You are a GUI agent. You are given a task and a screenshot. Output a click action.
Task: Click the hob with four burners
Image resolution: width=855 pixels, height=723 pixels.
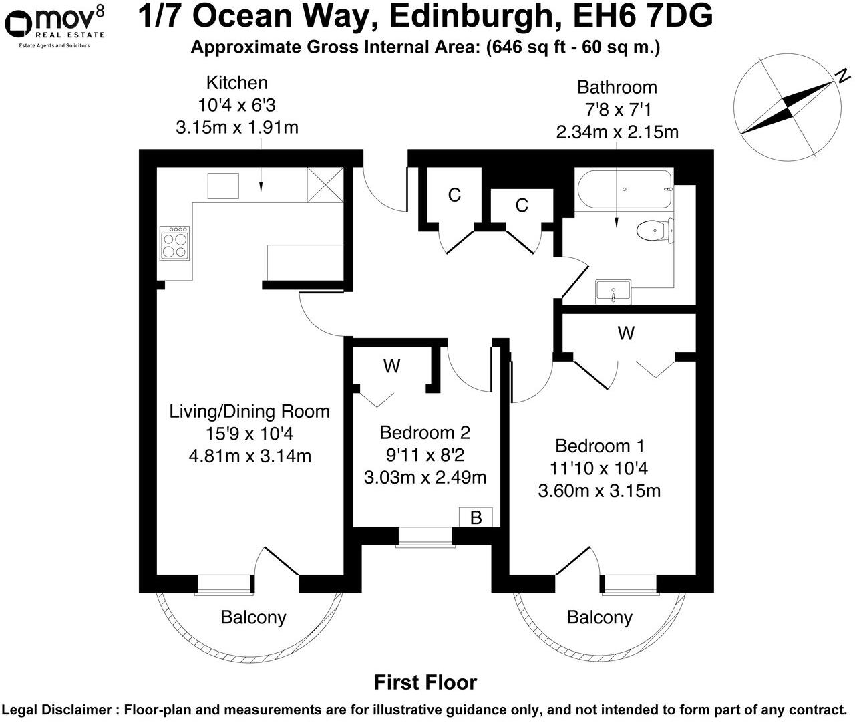[175, 244]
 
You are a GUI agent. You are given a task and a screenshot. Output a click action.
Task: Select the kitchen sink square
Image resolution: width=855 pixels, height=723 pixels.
[223, 186]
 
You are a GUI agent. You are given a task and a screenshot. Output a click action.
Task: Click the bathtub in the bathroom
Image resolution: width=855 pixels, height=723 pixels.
[625, 190]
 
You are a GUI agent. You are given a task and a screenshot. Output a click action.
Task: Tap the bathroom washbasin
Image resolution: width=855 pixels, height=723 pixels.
[613, 291]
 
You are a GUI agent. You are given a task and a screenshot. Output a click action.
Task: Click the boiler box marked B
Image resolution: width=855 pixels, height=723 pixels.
[476, 517]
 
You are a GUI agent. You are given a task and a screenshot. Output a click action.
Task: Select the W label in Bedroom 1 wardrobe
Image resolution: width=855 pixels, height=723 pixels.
[626, 333]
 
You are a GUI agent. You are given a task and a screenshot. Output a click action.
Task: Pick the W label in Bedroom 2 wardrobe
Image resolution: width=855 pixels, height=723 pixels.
[391, 366]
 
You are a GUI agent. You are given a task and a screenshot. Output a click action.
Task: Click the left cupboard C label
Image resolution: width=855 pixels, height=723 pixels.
[454, 195]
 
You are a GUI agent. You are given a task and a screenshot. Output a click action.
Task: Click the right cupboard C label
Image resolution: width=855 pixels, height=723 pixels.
[522, 205]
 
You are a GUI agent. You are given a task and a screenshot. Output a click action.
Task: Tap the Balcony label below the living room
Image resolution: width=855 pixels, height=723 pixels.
[253, 617]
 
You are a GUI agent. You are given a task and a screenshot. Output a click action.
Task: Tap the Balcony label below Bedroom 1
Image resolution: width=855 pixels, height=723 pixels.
[599, 617]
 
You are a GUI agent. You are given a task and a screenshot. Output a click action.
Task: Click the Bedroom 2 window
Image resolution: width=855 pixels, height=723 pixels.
[424, 537]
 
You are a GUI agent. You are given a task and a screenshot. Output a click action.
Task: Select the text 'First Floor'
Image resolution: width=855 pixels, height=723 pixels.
[425, 682]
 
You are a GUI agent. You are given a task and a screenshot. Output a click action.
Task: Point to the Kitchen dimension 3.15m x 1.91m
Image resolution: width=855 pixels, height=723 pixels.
[236, 127]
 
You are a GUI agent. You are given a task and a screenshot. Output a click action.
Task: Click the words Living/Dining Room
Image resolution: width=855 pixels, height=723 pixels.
[250, 411]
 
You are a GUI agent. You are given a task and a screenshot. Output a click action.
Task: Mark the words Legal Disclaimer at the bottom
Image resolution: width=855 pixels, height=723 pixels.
[56, 710]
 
